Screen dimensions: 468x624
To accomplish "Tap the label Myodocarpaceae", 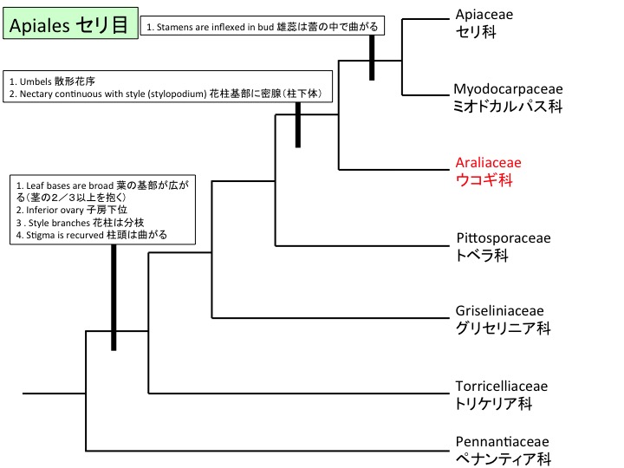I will point(508,89).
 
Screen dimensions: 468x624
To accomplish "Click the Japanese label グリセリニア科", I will point(503,329).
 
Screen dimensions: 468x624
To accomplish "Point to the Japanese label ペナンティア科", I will point(503,459).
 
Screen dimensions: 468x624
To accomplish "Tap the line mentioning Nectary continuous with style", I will point(87,94).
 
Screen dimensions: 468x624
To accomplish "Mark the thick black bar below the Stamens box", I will point(372,58).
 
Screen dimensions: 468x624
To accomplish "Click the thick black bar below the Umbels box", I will point(298,124).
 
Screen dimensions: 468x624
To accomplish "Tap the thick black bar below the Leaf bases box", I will point(114,296).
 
